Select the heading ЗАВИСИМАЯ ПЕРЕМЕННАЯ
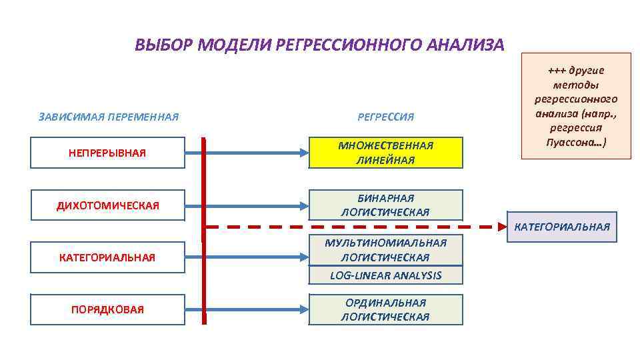[x=109, y=117]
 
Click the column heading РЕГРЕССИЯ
[x=385, y=117]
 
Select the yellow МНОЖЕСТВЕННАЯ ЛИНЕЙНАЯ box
[x=385, y=153]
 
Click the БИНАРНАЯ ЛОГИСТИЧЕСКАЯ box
[x=385, y=205]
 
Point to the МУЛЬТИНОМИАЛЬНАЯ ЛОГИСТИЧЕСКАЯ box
[x=385, y=249]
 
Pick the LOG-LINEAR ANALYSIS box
[x=385, y=275]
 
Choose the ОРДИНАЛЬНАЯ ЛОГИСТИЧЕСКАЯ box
[x=385, y=309]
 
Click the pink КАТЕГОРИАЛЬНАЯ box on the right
[x=561, y=227]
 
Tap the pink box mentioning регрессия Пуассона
[x=576, y=106]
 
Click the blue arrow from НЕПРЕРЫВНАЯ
[x=253, y=153]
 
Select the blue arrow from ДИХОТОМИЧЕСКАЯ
[x=253, y=205]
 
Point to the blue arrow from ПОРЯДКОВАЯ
[x=253, y=309]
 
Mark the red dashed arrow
[x=353, y=227]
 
